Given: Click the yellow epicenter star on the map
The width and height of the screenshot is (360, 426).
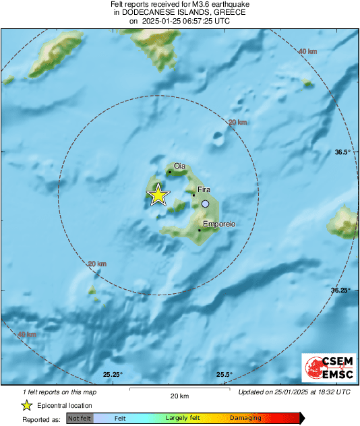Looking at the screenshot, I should pos(158,195).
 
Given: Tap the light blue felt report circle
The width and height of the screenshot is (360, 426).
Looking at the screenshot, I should pos(205,204).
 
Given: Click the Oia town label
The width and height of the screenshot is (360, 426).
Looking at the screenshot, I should pos(179,166).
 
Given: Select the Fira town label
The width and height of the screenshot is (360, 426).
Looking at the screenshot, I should pos(204,191).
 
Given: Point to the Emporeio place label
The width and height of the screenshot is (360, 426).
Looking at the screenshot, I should pos(218,224).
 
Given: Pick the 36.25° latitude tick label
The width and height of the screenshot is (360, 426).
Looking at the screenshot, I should pos(340,290).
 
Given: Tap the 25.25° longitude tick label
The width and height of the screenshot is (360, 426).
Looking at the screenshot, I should pos(113,375).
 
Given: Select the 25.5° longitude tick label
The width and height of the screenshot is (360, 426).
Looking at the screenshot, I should pos(224,375).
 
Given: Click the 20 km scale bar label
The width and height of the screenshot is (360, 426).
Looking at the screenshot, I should pos(179,396).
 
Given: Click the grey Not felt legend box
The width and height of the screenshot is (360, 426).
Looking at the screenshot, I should pos(80,419).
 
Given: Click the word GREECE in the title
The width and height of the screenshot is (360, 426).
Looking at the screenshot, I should pos(227,12).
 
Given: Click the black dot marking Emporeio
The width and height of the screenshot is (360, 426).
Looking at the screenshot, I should pos(200,231).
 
